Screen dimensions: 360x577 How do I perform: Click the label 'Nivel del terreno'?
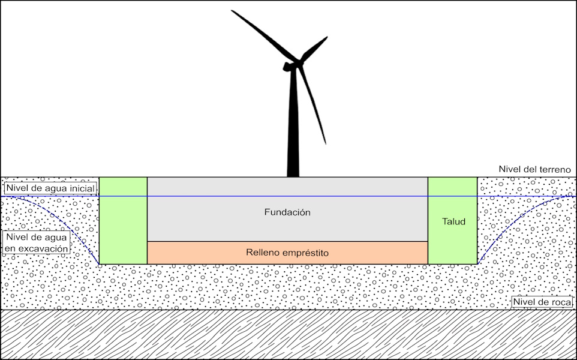(x=534, y=170)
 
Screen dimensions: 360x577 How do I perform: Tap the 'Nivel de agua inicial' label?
(x=50, y=188)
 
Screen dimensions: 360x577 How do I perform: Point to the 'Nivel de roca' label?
(x=542, y=302)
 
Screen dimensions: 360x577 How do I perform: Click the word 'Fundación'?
(x=287, y=212)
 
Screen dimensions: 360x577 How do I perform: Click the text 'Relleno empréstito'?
(x=287, y=253)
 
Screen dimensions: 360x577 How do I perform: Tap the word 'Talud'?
(x=453, y=221)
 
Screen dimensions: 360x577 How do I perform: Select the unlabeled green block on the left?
(x=123, y=220)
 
